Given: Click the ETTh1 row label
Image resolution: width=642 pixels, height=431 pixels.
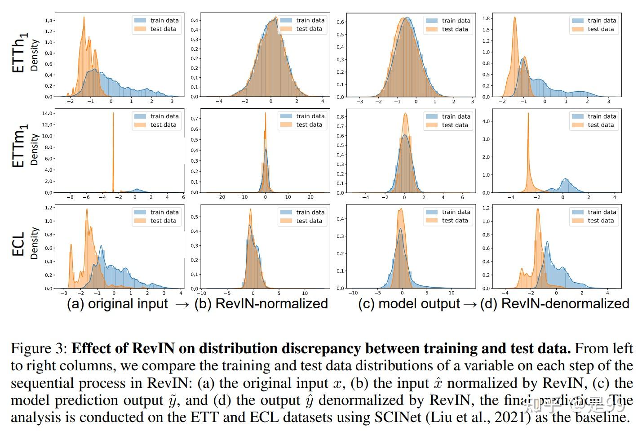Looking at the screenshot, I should pos(19,53).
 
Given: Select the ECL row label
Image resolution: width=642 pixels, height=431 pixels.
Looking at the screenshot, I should pos(18,244).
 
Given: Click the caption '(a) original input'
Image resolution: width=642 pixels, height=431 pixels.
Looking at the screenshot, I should pos(117,304).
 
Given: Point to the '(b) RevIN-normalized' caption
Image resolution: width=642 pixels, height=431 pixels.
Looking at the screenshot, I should pos(261,304).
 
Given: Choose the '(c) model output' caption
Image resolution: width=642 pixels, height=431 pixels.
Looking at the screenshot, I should pos(409,304).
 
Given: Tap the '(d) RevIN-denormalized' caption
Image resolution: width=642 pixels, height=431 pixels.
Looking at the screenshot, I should pos(554,304).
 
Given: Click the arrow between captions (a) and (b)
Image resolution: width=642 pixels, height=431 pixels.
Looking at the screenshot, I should pos(182,305).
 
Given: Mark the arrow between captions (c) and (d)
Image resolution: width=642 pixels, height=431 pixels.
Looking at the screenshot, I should pos(469,305).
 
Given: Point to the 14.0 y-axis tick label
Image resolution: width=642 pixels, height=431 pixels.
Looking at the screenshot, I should pos(47,113).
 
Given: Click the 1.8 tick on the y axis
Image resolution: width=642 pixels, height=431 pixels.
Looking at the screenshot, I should pos(486,18).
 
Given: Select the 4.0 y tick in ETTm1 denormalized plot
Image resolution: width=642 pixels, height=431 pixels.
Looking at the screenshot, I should pos(486,121).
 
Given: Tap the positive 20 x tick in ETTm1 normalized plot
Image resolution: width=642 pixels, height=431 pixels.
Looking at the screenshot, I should pos(310,197).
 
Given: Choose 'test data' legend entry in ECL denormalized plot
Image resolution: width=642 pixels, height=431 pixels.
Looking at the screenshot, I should pos(601,221).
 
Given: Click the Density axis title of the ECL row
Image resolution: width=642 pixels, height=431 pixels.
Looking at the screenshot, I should pos(34,243).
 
